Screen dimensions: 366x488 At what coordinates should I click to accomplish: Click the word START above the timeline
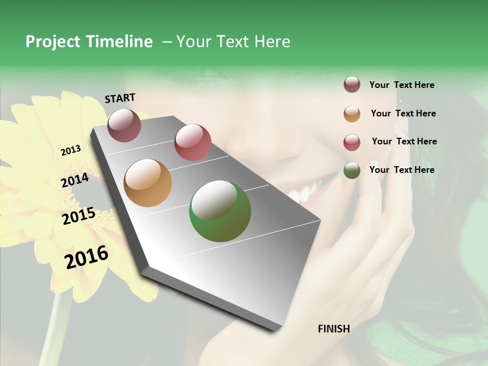point(120,98)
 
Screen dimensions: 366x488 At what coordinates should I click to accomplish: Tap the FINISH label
point(333,329)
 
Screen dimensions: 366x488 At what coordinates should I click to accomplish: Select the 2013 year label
point(71,150)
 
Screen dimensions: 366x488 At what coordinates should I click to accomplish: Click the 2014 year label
point(75,180)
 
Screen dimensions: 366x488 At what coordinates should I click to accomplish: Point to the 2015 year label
point(79,216)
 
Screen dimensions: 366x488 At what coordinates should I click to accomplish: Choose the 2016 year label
point(86,257)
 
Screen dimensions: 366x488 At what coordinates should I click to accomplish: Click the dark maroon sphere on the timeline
point(124,125)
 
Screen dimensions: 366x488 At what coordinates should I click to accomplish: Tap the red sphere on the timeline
point(193,142)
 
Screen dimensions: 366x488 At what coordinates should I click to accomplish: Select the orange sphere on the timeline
point(148,183)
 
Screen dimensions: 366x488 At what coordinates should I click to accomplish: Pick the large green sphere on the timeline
point(220,211)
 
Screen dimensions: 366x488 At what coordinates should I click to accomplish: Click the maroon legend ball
point(352,85)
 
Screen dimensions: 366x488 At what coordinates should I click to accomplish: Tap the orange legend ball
point(352,114)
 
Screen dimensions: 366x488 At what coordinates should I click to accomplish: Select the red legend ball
point(352,142)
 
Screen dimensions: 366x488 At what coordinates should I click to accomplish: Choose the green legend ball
point(352,170)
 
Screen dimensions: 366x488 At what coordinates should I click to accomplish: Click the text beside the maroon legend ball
point(402,85)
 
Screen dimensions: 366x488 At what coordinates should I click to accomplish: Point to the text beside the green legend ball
point(402,170)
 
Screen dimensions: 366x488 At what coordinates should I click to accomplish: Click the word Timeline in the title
point(119,42)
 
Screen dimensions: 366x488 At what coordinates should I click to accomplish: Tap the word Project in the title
point(53,42)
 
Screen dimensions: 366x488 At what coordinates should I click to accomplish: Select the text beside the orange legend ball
point(403,113)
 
